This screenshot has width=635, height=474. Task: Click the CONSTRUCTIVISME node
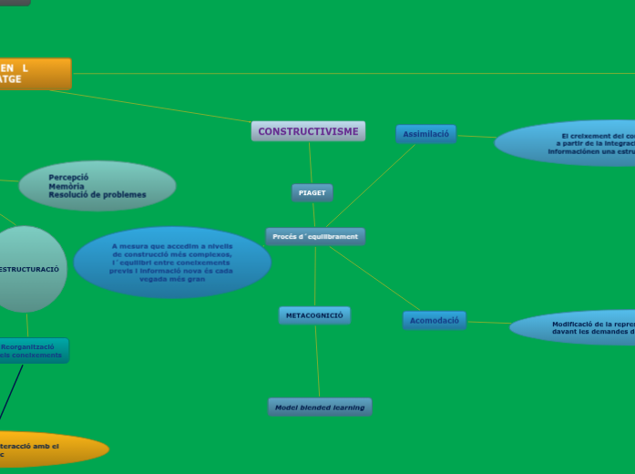[308, 131]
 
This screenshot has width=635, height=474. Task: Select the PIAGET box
[312, 192]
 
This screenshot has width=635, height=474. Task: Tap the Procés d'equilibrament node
[315, 237]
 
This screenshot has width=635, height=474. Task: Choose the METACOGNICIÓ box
[314, 315]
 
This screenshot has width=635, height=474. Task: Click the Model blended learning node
[320, 407]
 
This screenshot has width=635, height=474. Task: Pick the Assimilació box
[425, 134]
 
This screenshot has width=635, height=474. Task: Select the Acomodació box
[434, 320]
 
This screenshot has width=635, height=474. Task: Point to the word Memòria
[67, 186]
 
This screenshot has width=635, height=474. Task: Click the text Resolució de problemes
[97, 195]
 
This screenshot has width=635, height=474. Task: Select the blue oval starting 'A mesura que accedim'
[172, 263]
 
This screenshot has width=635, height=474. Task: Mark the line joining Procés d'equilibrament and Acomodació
[374, 278]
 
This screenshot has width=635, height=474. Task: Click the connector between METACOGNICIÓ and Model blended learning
[317, 361]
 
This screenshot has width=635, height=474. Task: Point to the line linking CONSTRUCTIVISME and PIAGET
[310, 162]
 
